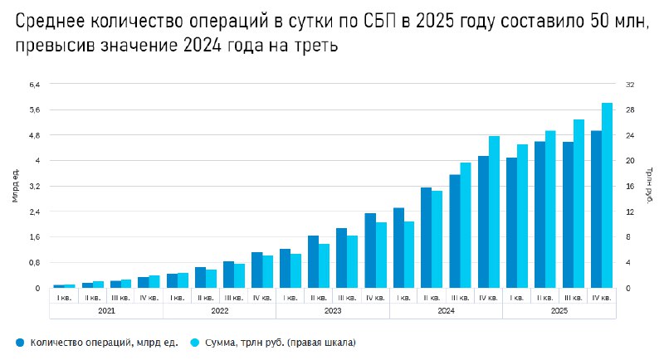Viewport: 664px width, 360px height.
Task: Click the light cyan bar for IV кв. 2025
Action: coord(607,196)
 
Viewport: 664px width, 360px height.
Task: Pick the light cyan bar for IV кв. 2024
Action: coord(494,212)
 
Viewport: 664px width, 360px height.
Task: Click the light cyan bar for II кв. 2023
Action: coord(324,265)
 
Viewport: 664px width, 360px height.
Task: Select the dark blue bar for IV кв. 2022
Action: coord(256,270)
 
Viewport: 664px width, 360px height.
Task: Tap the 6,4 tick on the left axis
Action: coord(34,85)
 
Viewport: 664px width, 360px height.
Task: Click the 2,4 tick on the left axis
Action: coord(34,212)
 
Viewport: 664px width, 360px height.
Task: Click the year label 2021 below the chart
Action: coord(106,311)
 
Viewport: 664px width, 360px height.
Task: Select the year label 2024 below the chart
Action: coord(446,311)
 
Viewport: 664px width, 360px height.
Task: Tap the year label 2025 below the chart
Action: coord(559,311)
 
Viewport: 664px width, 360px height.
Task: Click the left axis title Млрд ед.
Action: coord(15,186)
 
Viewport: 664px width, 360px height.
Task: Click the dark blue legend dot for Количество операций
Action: coord(18,342)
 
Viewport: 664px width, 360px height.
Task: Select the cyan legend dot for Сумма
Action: coord(196,342)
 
